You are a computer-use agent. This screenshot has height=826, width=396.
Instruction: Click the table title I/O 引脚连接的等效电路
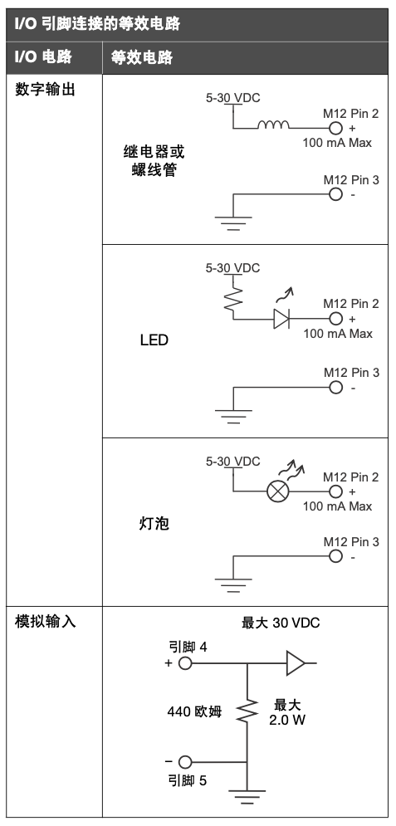click(97, 24)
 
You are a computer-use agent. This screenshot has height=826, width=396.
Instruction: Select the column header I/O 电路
click(43, 57)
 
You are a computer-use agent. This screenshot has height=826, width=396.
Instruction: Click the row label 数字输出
click(46, 90)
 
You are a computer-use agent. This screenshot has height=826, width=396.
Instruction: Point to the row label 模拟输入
click(46, 621)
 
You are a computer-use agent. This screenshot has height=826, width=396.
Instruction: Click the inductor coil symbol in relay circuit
click(273, 125)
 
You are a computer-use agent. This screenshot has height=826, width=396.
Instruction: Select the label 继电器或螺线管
click(154, 161)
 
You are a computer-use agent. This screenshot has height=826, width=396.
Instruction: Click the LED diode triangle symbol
click(281, 319)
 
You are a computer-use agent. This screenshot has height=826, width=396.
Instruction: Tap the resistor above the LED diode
click(232, 298)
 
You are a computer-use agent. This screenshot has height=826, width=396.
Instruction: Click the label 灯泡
click(154, 524)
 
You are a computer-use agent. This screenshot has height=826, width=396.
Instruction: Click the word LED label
click(154, 340)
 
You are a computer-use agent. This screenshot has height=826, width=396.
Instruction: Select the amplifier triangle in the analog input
click(296, 662)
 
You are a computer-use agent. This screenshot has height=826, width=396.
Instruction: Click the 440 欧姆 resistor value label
click(194, 711)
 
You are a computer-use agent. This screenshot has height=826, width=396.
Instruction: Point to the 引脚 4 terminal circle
click(185, 662)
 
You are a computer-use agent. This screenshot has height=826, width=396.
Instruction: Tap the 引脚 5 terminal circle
click(185, 762)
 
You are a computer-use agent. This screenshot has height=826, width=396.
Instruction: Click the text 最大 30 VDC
click(281, 623)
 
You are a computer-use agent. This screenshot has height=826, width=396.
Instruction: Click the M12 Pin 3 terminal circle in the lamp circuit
click(335, 556)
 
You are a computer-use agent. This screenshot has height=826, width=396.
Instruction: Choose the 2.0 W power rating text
click(287, 720)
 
